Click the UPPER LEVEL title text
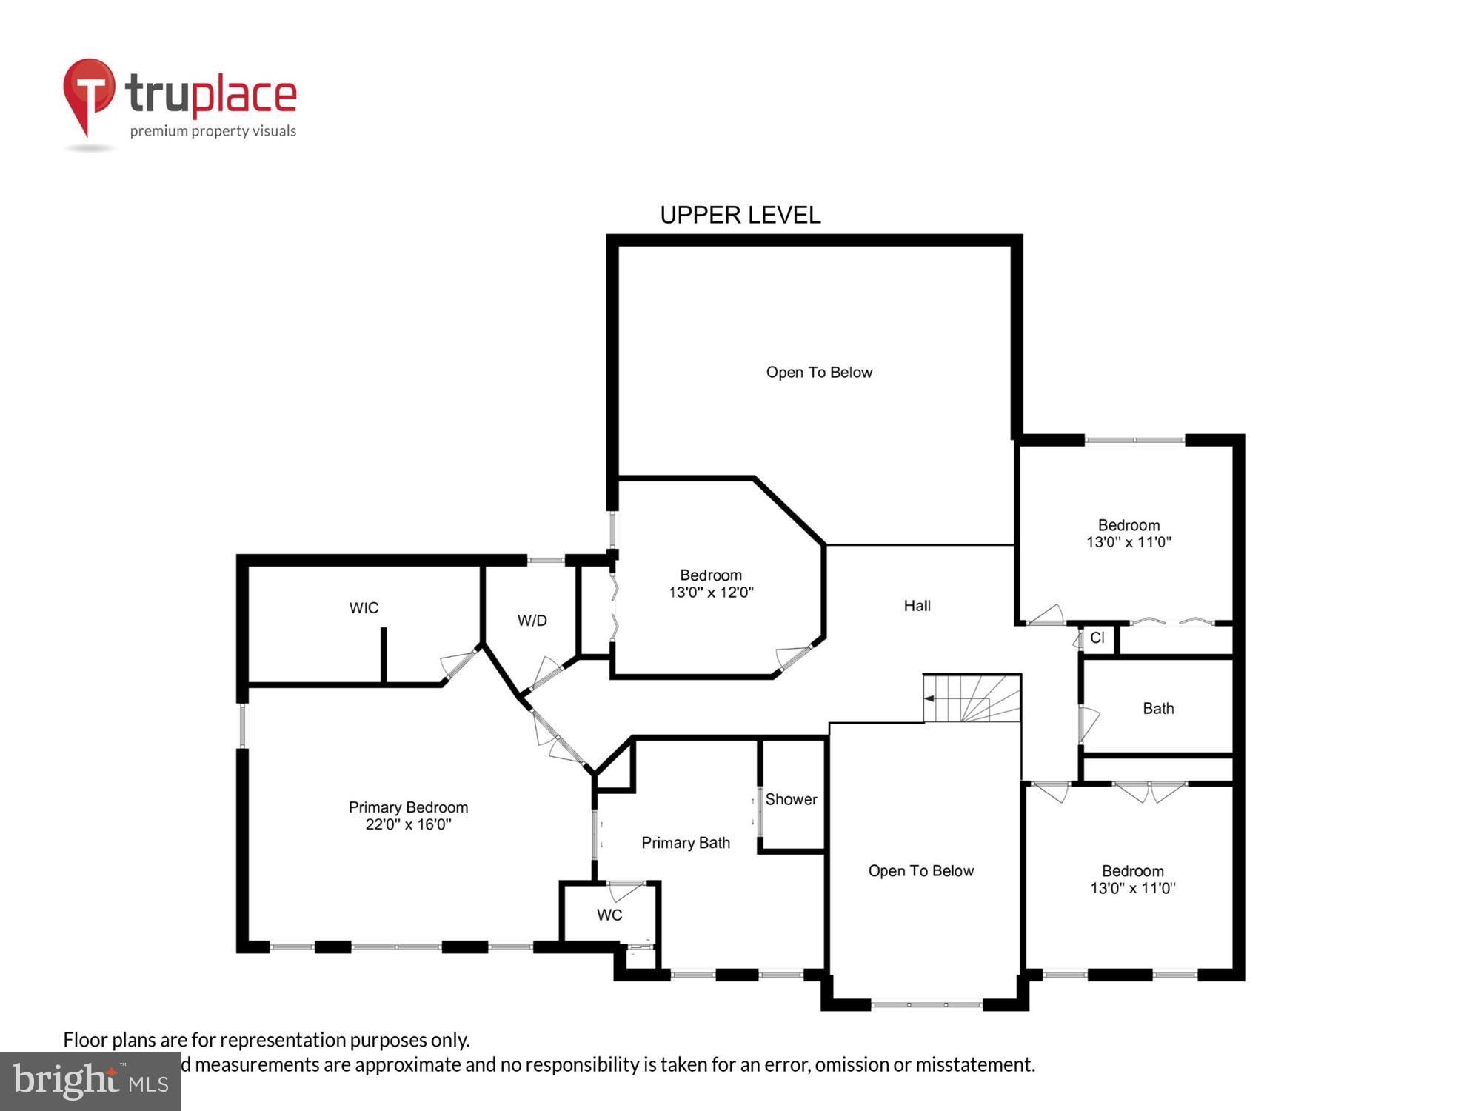click(x=740, y=215)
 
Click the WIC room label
click(x=364, y=608)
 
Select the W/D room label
click(x=532, y=621)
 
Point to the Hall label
click(x=917, y=606)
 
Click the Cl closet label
click(x=1097, y=638)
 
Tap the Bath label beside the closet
click(x=1158, y=709)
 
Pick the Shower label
click(x=791, y=799)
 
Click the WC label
click(x=609, y=915)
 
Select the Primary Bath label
click(x=686, y=843)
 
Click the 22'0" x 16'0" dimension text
click(x=408, y=824)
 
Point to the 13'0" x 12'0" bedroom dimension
click(x=711, y=593)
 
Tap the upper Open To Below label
click(x=819, y=373)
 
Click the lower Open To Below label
click(x=920, y=871)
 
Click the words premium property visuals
click(x=213, y=131)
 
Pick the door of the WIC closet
click(x=458, y=663)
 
